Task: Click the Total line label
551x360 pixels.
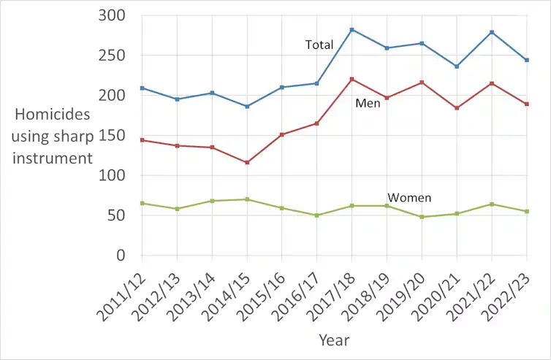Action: point(319,45)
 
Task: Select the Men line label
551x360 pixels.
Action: point(368,104)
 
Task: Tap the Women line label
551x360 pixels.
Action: point(408,198)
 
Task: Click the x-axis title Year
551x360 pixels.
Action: point(334,340)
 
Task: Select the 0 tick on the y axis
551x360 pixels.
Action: point(121,256)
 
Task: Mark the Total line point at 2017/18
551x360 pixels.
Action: point(351,29)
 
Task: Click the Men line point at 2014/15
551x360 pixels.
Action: point(247,162)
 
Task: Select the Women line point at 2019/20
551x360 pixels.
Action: point(422,217)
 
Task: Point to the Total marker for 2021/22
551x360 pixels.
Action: point(492,32)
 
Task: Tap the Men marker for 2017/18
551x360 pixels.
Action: point(351,79)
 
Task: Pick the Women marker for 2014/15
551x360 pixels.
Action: point(247,199)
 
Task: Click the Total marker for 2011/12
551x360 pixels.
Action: point(142,88)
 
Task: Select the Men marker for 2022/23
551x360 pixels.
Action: point(527,104)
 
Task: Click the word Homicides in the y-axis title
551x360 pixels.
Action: point(53,115)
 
